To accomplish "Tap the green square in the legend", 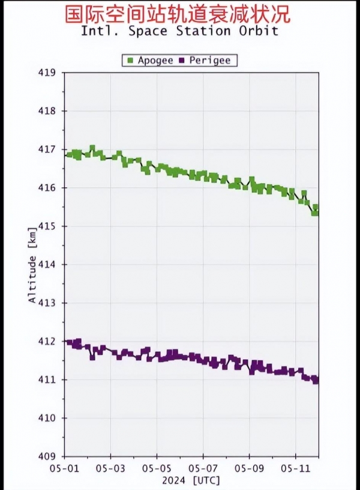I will pyautogui.click(x=130, y=60).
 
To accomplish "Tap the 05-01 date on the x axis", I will pyautogui.click(x=64, y=467).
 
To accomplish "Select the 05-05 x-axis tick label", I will pyautogui.click(x=157, y=467).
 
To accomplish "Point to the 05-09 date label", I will pyautogui.click(x=250, y=467).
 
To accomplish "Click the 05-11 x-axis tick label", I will pyautogui.click(x=296, y=467).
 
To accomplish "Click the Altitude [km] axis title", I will pyautogui.click(x=32, y=264).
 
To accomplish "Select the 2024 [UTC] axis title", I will pyautogui.click(x=191, y=480).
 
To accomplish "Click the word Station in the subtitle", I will pyautogui.click(x=201, y=31).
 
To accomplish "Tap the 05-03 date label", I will pyautogui.click(x=110, y=467).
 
